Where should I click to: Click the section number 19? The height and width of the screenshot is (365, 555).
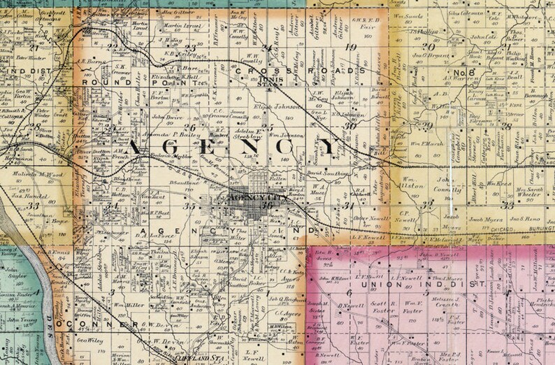(x=351, y=48)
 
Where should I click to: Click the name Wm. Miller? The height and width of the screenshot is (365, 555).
(x=124, y=305)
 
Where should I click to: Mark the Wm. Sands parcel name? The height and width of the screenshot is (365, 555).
(x=410, y=15)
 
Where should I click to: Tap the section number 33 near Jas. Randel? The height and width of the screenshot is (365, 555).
(x=34, y=206)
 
